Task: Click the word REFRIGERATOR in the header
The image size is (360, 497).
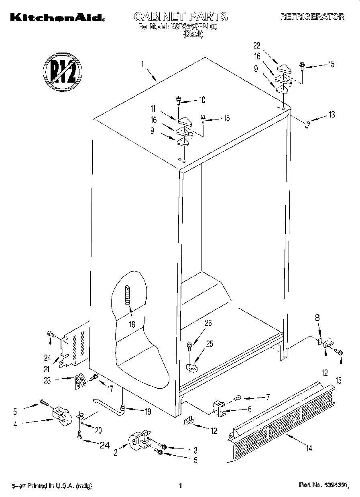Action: pyautogui.click(x=312, y=17)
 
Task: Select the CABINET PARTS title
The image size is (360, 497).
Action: pyautogui.click(x=180, y=16)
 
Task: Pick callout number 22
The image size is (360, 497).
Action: pyautogui.click(x=257, y=45)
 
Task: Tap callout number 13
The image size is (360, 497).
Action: pyautogui.click(x=331, y=115)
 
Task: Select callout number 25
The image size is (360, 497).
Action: pyautogui.click(x=209, y=343)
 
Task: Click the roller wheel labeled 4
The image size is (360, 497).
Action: pyautogui.click(x=61, y=415)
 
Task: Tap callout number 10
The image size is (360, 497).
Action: pyautogui.click(x=202, y=99)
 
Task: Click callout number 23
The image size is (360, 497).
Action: pyautogui.click(x=47, y=381)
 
